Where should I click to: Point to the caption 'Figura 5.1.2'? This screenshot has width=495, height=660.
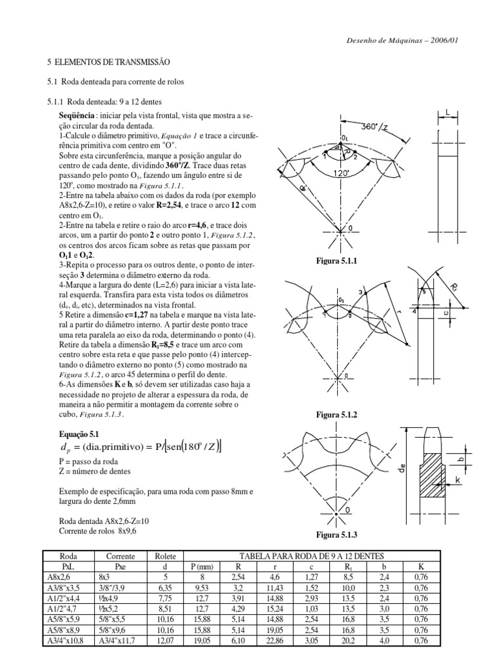(336, 414)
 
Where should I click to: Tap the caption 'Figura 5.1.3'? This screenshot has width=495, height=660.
(336, 534)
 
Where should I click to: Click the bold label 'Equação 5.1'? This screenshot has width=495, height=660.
(79, 434)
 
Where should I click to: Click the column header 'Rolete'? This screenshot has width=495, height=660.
(166, 556)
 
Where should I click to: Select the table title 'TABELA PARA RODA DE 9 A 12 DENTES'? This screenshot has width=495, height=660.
(311, 556)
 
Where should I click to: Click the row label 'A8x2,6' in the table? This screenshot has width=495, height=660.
(59, 577)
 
